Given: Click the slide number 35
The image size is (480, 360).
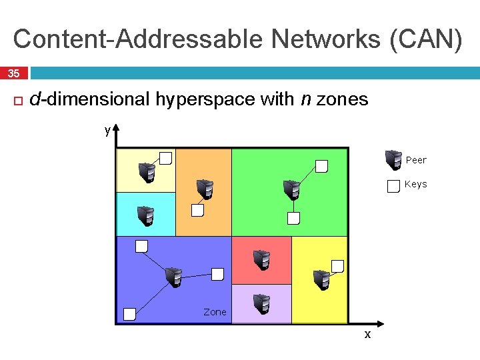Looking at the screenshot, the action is point(14,73).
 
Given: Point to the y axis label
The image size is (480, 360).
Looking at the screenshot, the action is point(107,130).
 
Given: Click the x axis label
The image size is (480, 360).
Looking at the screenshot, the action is point(367,335).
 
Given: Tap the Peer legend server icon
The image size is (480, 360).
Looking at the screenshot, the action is point(393,161).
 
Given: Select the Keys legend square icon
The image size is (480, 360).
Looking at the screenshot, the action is point(393,186).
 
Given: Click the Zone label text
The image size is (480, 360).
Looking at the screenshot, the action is point(215,312).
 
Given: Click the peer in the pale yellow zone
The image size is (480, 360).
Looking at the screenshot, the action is point(146,173).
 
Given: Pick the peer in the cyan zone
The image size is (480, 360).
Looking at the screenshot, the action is point(145,216).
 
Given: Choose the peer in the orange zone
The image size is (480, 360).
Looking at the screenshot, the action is point(205,189).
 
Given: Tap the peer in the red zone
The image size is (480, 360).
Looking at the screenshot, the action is point(261,259).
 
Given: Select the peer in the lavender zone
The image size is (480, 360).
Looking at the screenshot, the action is point(261,303).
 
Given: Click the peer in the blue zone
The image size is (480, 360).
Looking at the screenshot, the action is point(173,277).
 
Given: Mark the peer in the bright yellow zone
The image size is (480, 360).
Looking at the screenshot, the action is point(321,279).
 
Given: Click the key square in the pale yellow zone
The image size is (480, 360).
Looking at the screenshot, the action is point(166,158).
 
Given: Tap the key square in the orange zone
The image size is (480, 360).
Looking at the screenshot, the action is point(198,211).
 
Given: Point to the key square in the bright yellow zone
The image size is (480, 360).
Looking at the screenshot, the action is point(338,266).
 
